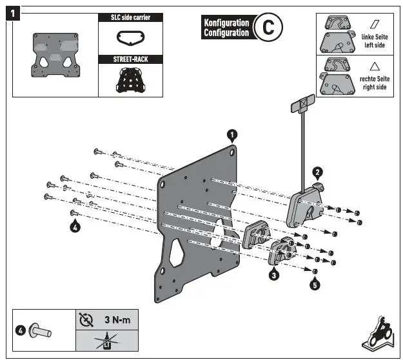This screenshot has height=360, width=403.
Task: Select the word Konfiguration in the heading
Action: [226, 23]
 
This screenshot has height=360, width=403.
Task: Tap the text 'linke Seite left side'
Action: [375, 41]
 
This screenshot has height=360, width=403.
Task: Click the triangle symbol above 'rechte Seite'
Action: [375, 65]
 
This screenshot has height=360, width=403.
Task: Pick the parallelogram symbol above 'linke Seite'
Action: [375, 24]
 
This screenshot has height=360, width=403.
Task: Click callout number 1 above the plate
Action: [232, 135]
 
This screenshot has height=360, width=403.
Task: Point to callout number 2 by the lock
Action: [317, 172]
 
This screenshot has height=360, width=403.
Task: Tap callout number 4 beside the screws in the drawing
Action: [75, 226]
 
